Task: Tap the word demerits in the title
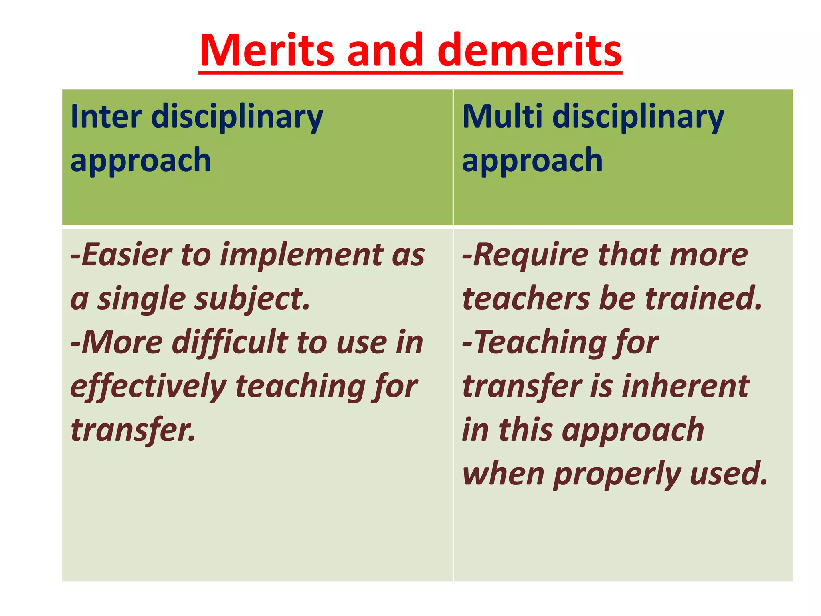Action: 529,51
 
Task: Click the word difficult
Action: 229,343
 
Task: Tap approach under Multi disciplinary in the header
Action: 532,160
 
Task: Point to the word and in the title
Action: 385,51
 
